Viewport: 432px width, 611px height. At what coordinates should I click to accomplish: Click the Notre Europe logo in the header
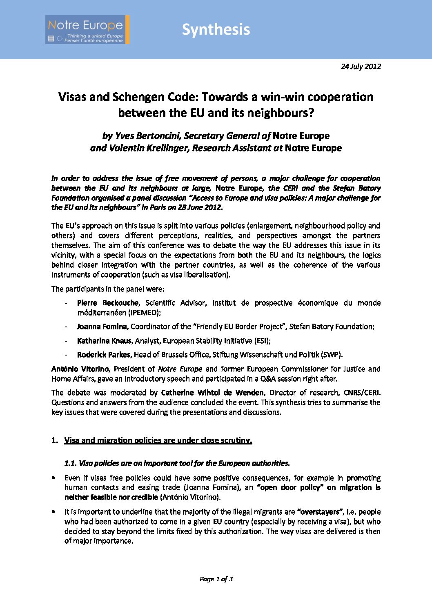pos(87,30)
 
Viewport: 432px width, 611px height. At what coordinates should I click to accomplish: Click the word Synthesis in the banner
pos(216,30)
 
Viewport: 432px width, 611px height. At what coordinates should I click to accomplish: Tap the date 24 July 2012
pos(361,67)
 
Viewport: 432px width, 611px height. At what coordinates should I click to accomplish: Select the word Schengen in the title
pos(139,97)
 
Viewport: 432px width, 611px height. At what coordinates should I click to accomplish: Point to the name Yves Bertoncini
pos(149,136)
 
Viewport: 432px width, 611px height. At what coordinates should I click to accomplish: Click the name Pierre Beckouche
pos(108,303)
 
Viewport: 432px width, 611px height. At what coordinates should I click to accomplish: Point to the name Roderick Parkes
pos(104,355)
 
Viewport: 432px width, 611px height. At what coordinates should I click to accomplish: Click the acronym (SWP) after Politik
pos(332,355)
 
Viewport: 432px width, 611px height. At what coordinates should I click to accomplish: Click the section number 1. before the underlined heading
pos(55,440)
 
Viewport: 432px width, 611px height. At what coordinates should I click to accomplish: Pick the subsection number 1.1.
pos(71,463)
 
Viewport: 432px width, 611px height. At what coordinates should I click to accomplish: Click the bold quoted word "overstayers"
pos(320,512)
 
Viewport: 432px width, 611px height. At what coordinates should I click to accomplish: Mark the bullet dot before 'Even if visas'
pos(53,478)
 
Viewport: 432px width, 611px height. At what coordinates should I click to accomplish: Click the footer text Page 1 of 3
pos(216,579)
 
